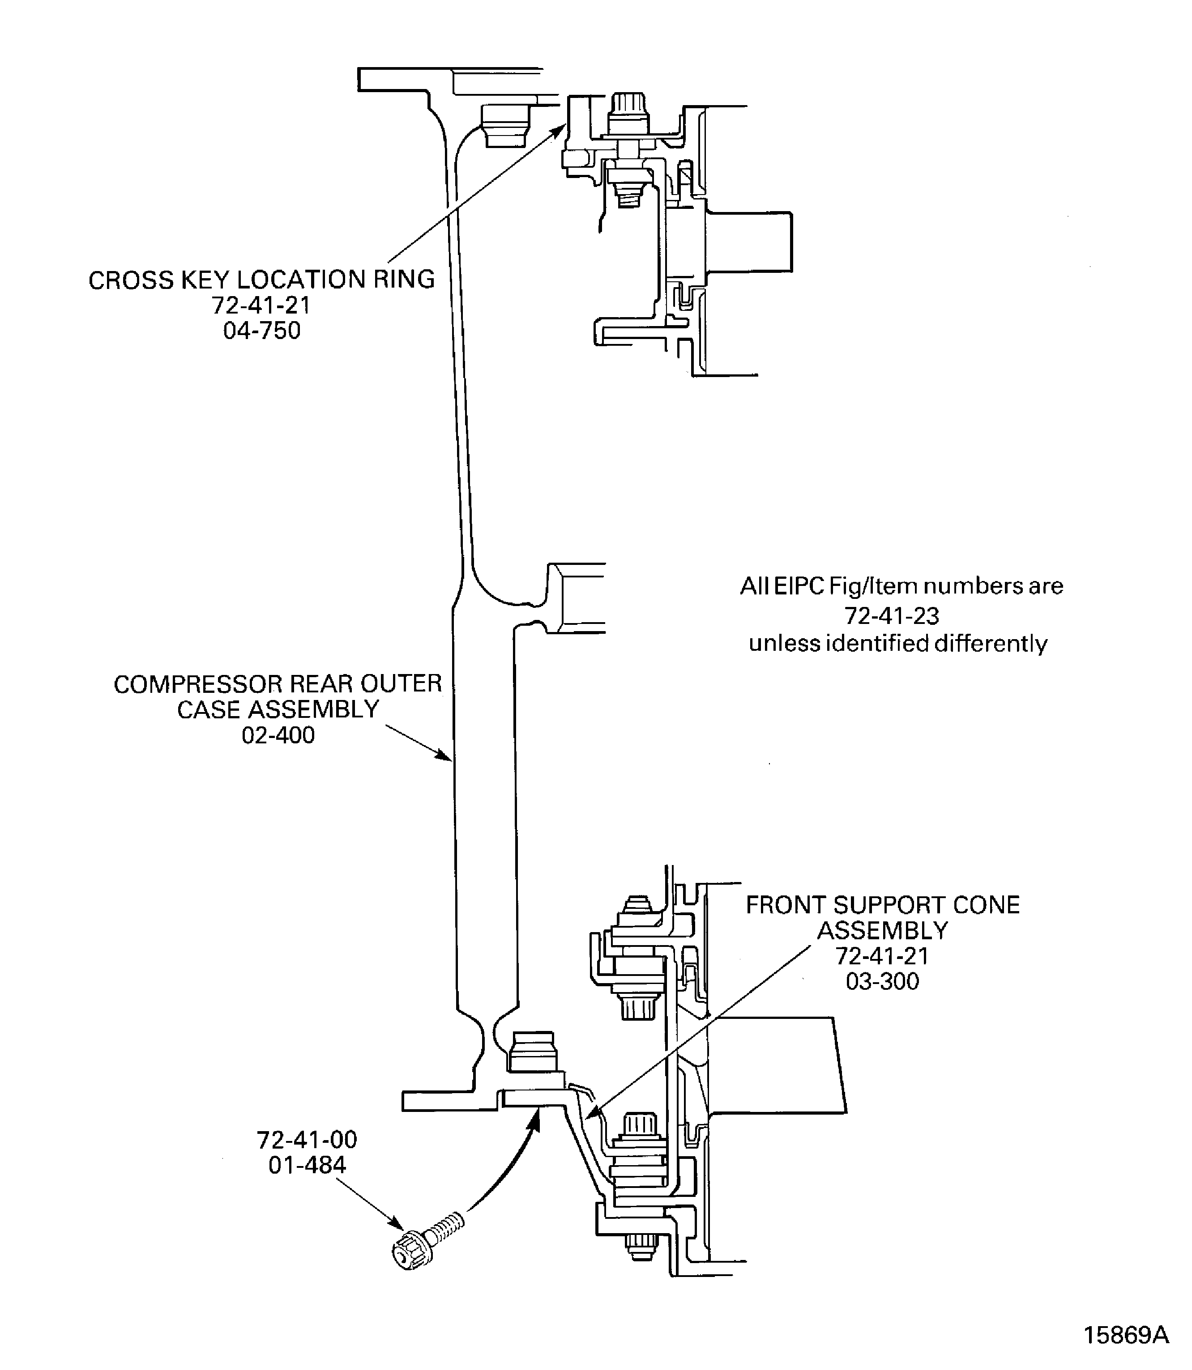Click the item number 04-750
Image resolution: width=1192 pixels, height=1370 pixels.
pyautogui.click(x=261, y=331)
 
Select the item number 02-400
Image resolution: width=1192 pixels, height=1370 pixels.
pyautogui.click(x=278, y=735)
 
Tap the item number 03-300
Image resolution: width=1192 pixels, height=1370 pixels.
pyautogui.click(x=882, y=981)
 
